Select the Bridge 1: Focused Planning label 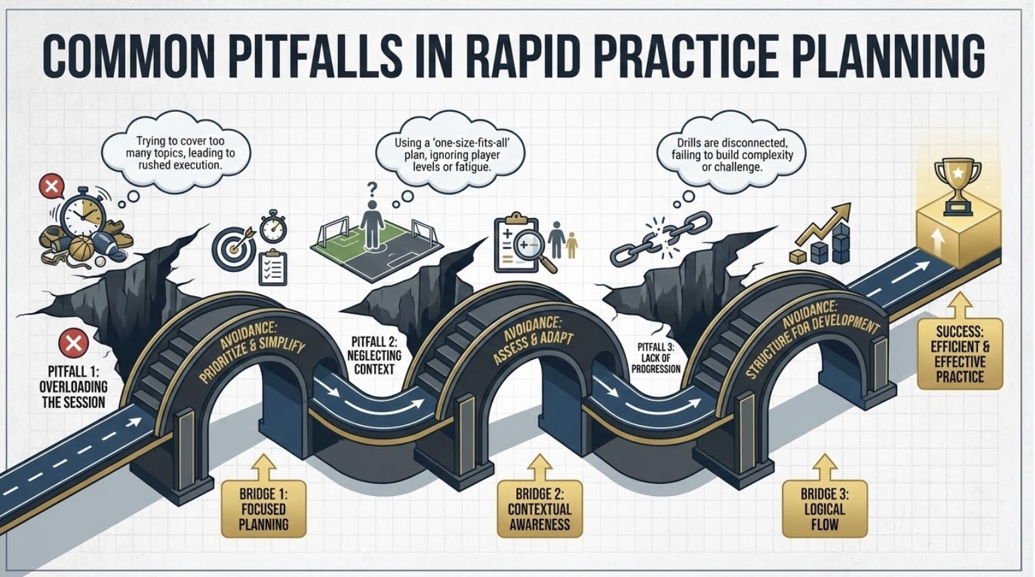tap(264, 509)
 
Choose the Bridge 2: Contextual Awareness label tap(540, 509)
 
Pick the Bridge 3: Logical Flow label tap(824, 509)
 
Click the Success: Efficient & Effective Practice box tap(959, 354)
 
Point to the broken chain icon tap(645, 238)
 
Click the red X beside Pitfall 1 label tap(74, 343)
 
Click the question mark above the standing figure tap(372, 189)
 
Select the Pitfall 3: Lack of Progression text tap(655, 358)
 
